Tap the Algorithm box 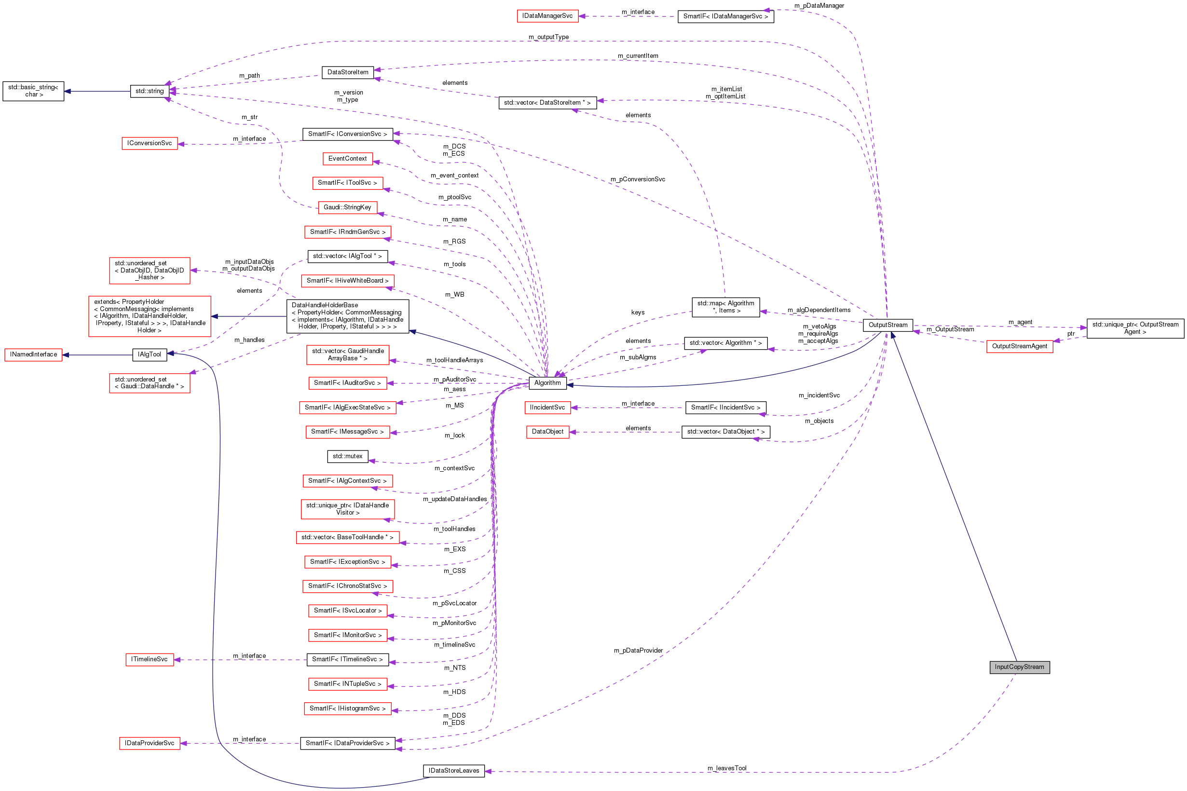tap(547, 383)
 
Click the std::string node tap(150, 91)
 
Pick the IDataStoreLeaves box tap(453, 770)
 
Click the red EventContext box tap(348, 158)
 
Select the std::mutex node tap(347, 456)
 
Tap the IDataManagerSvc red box tap(547, 16)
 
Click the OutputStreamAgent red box tap(1019, 346)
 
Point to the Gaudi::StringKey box tap(347, 207)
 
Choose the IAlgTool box tap(150, 355)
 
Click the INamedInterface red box tap(33, 355)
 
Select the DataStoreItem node tap(348, 72)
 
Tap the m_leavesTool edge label tap(726, 768)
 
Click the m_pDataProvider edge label tap(638, 650)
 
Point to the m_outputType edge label tap(548, 37)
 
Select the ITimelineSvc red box tap(150, 659)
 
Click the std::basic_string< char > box tap(33, 91)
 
